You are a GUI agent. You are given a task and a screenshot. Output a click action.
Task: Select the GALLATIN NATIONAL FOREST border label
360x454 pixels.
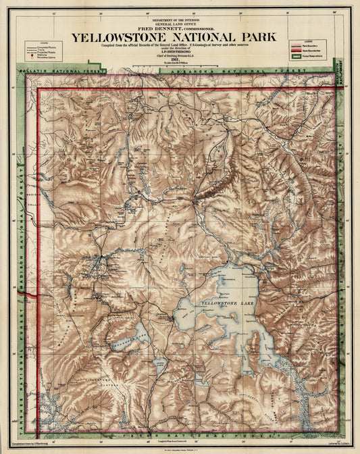click(64, 70)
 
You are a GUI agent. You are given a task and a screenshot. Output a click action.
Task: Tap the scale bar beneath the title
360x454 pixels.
click(176, 66)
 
